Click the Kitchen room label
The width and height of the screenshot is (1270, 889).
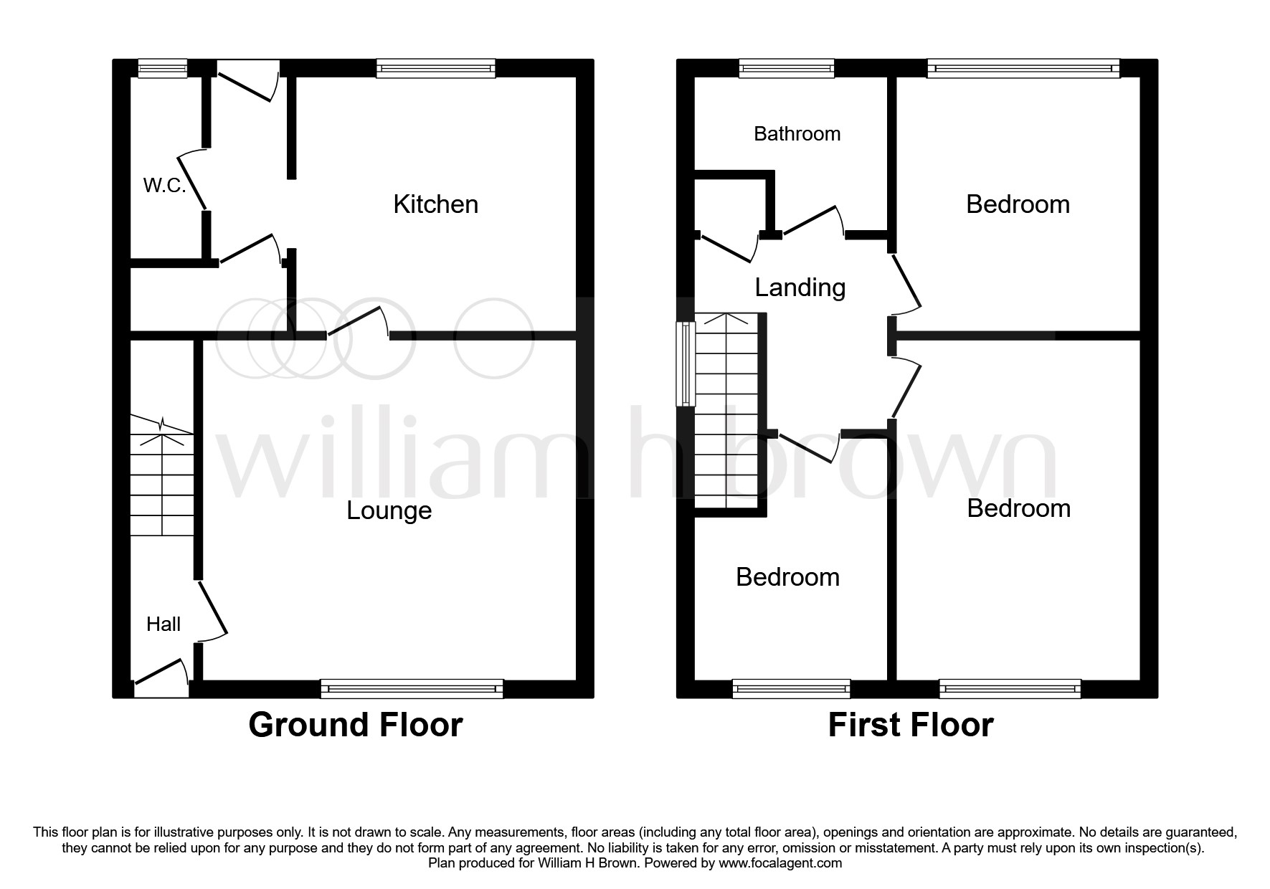click(435, 204)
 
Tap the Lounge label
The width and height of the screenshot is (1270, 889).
click(389, 510)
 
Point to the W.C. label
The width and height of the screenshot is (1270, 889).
click(164, 186)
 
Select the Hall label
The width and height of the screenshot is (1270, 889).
click(164, 624)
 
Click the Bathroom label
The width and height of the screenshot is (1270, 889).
click(797, 134)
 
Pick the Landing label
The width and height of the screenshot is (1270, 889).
click(800, 287)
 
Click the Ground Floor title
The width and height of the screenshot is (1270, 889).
click(356, 725)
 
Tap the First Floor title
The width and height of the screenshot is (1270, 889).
click(910, 725)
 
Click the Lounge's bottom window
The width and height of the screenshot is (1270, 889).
click(412, 689)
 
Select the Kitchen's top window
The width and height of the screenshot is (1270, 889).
click(436, 69)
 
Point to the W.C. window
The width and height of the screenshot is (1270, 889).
click(162, 69)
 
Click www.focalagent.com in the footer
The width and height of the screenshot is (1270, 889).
click(780, 863)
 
